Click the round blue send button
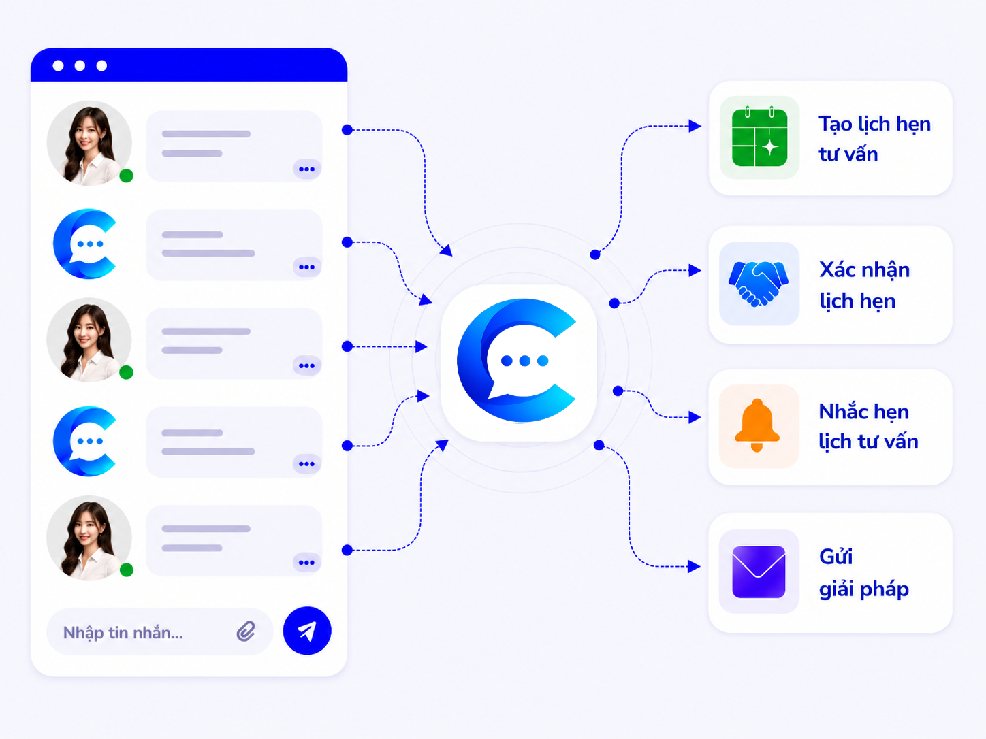click(307, 630)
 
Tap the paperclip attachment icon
click(246, 631)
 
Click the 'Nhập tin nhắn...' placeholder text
click(123, 633)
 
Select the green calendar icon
click(760, 137)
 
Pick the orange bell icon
click(757, 425)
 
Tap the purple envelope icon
click(759, 572)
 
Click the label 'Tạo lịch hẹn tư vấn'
click(874, 139)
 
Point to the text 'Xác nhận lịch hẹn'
click(864, 285)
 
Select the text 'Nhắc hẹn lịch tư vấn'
click(868, 427)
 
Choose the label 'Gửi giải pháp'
click(863, 573)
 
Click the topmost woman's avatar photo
click(89, 143)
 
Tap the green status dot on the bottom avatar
click(127, 570)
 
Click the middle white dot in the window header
click(80, 66)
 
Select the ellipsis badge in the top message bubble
click(307, 169)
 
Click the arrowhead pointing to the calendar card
click(695, 126)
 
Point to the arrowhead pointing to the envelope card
click(695, 566)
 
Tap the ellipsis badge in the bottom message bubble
click(307, 563)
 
